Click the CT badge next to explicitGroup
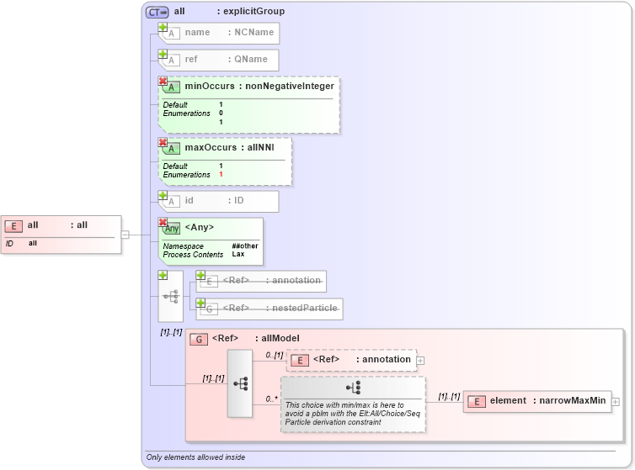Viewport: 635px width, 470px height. (157, 13)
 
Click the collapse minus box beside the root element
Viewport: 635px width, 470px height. (125, 235)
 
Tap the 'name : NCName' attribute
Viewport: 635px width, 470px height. (220, 33)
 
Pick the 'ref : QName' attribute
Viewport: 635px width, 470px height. (220, 60)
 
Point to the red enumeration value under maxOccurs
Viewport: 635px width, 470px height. (221, 175)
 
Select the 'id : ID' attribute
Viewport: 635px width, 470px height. (220, 201)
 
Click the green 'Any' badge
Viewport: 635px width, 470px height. (171, 228)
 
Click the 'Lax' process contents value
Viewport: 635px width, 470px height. (237, 254)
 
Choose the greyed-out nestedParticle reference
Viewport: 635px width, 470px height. (269, 309)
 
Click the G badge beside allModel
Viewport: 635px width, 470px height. (199, 339)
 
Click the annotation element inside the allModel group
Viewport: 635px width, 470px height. (351, 360)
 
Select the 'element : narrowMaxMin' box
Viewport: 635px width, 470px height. (537, 401)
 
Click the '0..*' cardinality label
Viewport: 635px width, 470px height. (271, 399)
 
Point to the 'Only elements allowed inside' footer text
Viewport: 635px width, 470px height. (195, 457)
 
